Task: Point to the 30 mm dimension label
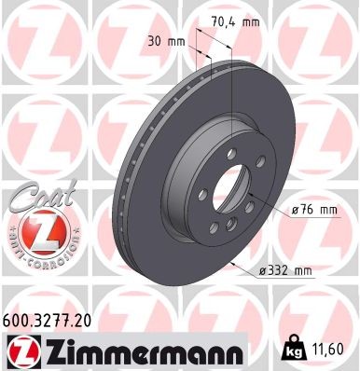[166, 42]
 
